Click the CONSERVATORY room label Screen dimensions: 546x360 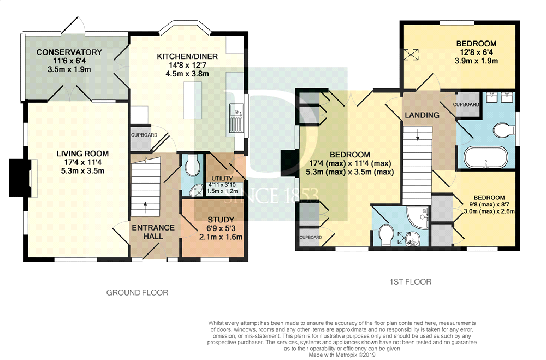point(69,52)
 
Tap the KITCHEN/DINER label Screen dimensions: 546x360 point(187,56)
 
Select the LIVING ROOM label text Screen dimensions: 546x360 point(82,154)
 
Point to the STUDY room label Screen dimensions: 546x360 point(221,220)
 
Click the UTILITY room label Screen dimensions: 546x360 point(222,179)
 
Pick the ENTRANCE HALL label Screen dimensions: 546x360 point(153,232)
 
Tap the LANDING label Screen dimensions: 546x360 point(422,115)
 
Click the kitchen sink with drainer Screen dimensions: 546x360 point(236,118)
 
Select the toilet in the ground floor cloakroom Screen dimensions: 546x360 point(192,166)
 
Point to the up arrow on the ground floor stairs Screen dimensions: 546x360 point(145,206)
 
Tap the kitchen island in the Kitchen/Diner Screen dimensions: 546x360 point(193,100)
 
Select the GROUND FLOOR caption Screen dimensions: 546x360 point(137,293)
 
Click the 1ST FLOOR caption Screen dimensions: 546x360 point(411,282)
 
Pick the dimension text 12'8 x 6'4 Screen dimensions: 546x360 point(476,52)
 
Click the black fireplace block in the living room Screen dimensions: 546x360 point(17,178)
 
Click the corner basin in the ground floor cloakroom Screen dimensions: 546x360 point(197,190)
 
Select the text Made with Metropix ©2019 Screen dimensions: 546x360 point(342,355)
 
